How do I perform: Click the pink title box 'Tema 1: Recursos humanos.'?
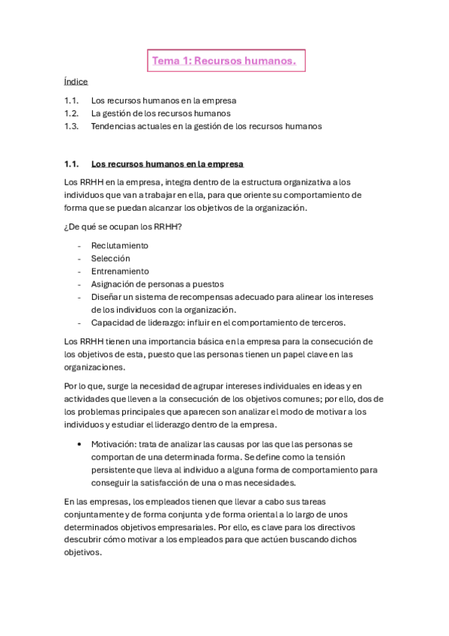point(224,61)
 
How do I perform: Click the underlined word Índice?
point(76,82)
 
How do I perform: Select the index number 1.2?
point(72,113)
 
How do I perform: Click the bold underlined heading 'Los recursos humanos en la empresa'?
point(167,163)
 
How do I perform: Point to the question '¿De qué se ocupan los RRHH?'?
point(124,226)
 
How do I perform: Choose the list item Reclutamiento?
point(120,245)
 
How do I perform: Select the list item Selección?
point(111,258)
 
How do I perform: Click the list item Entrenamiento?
point(120,271)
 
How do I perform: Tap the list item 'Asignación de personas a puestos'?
point(157,283)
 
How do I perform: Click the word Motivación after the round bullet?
point(115,443)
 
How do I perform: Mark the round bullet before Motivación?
point(79,443)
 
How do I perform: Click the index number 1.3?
point(72,126)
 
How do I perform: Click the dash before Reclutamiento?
point(79,245)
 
